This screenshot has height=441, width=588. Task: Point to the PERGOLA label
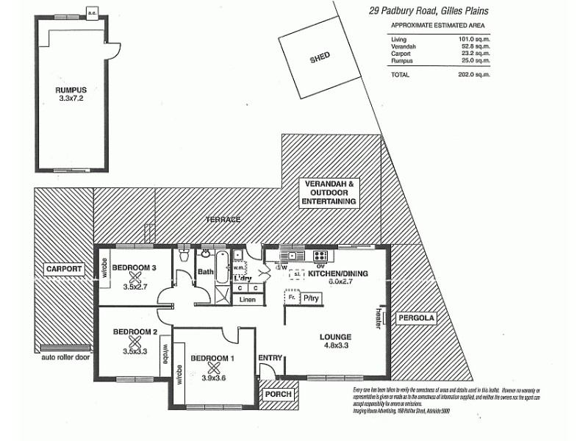tap(417, 318)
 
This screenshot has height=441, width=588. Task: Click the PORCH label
tap(279, 394)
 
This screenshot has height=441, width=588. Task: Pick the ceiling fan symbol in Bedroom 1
tap(214, 367)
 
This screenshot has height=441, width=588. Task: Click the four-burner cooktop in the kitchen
tap(321, 257)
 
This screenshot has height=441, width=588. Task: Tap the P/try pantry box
tap(312, 298)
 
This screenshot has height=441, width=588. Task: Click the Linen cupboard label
tap(248, 300)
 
